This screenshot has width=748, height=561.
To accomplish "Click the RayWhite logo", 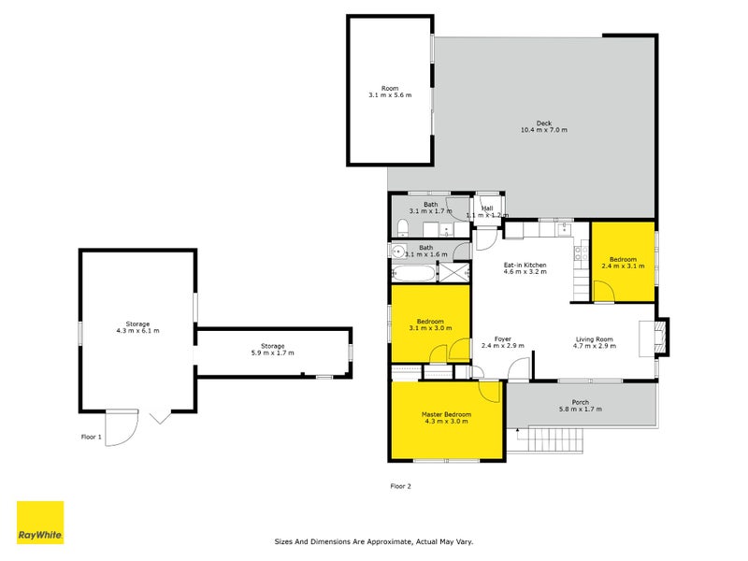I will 40,523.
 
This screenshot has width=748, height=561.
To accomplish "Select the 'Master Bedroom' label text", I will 446,414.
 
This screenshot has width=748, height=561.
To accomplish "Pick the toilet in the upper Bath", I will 401,228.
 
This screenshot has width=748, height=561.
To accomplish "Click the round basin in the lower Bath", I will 397,251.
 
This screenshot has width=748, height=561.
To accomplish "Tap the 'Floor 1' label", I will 90,437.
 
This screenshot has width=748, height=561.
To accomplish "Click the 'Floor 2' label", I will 400,485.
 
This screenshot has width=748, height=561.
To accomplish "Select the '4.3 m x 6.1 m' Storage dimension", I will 137,331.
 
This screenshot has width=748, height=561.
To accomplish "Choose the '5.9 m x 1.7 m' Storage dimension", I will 273,352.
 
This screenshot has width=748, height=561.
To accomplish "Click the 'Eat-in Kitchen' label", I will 525,266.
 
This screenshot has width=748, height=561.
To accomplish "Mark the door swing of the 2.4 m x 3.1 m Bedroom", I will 604,292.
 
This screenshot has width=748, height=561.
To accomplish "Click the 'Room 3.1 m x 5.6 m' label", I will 390,93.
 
